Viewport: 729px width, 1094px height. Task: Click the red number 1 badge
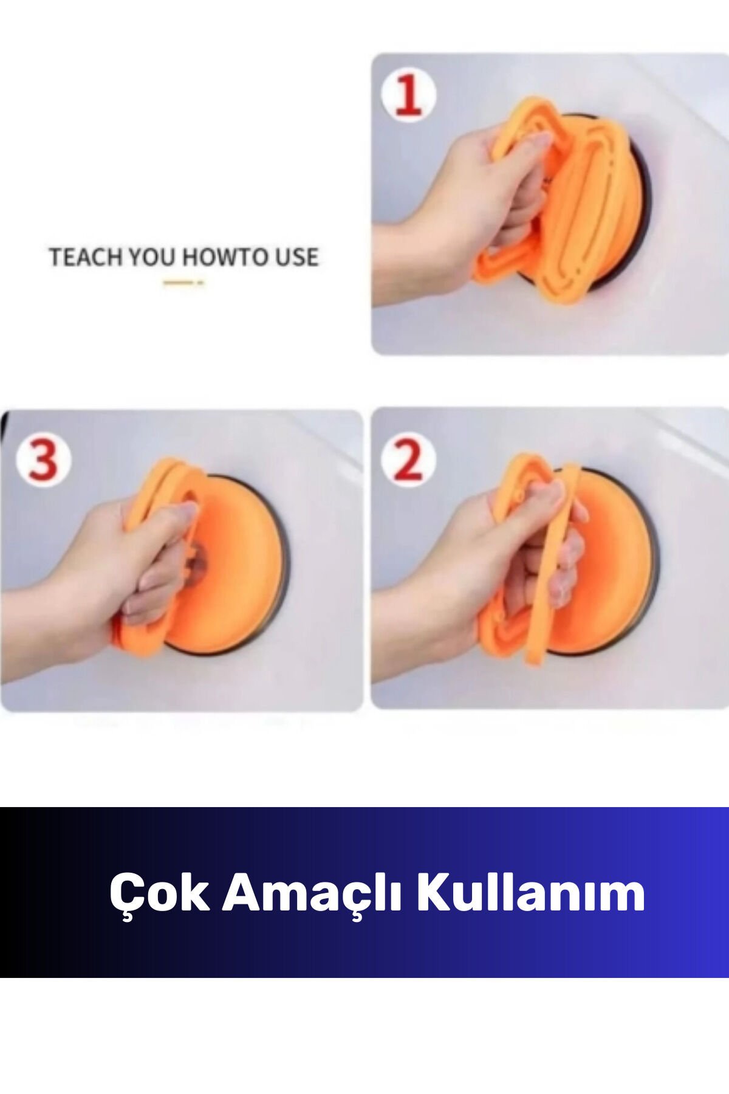point(408,95)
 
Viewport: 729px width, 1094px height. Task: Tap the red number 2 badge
point(408,460)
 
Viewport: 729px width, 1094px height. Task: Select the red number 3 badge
point(43,460)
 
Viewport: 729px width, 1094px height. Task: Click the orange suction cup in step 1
point(577,201)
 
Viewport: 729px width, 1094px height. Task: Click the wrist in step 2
point(401,626)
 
